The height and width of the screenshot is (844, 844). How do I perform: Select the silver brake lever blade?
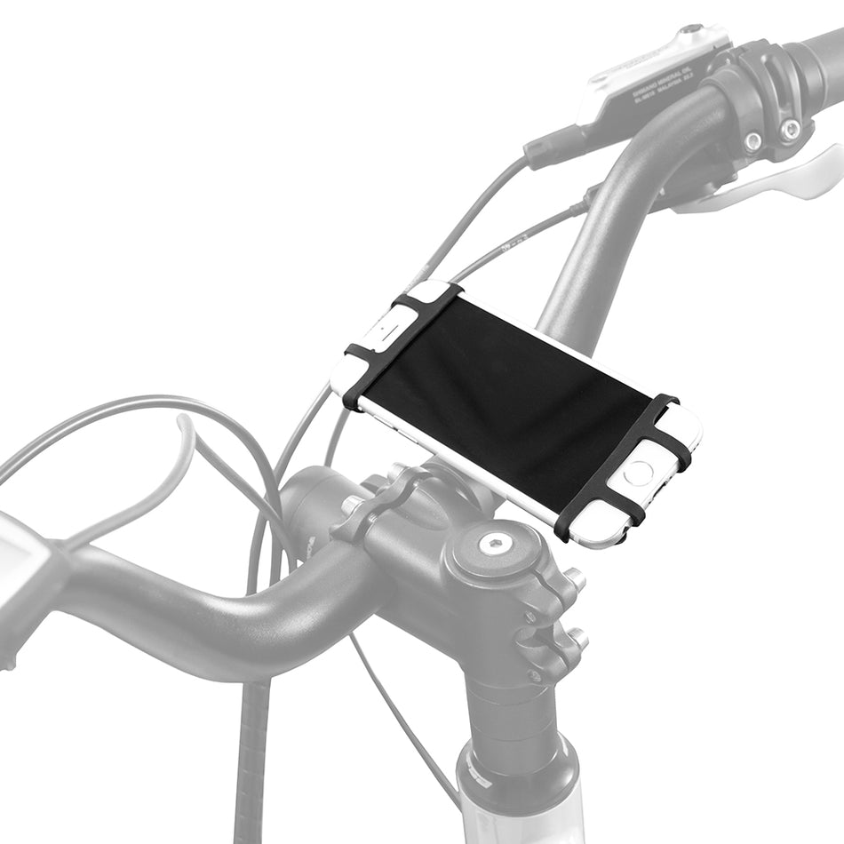(x=782, y=182)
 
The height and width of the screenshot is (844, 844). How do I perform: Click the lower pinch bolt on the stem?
(x=578, y=638)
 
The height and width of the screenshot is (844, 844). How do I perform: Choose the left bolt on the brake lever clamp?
(x=753, y=140)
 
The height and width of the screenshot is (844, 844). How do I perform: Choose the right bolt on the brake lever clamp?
(x=789, y=131)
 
